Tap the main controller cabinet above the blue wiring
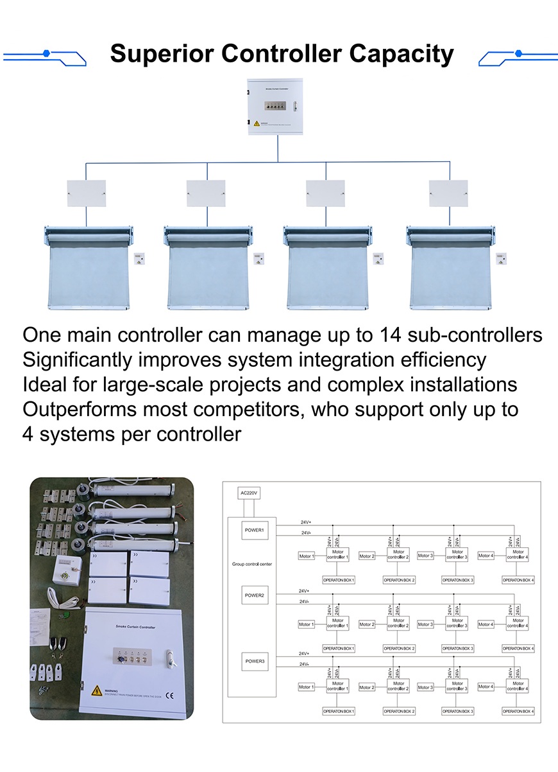point(278,107)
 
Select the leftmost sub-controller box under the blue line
point(87,193)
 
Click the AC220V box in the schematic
point(249,493)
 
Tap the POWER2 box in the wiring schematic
point(255,595)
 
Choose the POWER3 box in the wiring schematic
point(255,661)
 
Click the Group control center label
point(252,564)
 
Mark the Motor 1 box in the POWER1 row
point(307,556)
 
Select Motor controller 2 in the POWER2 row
point(398,623)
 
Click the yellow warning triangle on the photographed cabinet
point(96,690)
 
